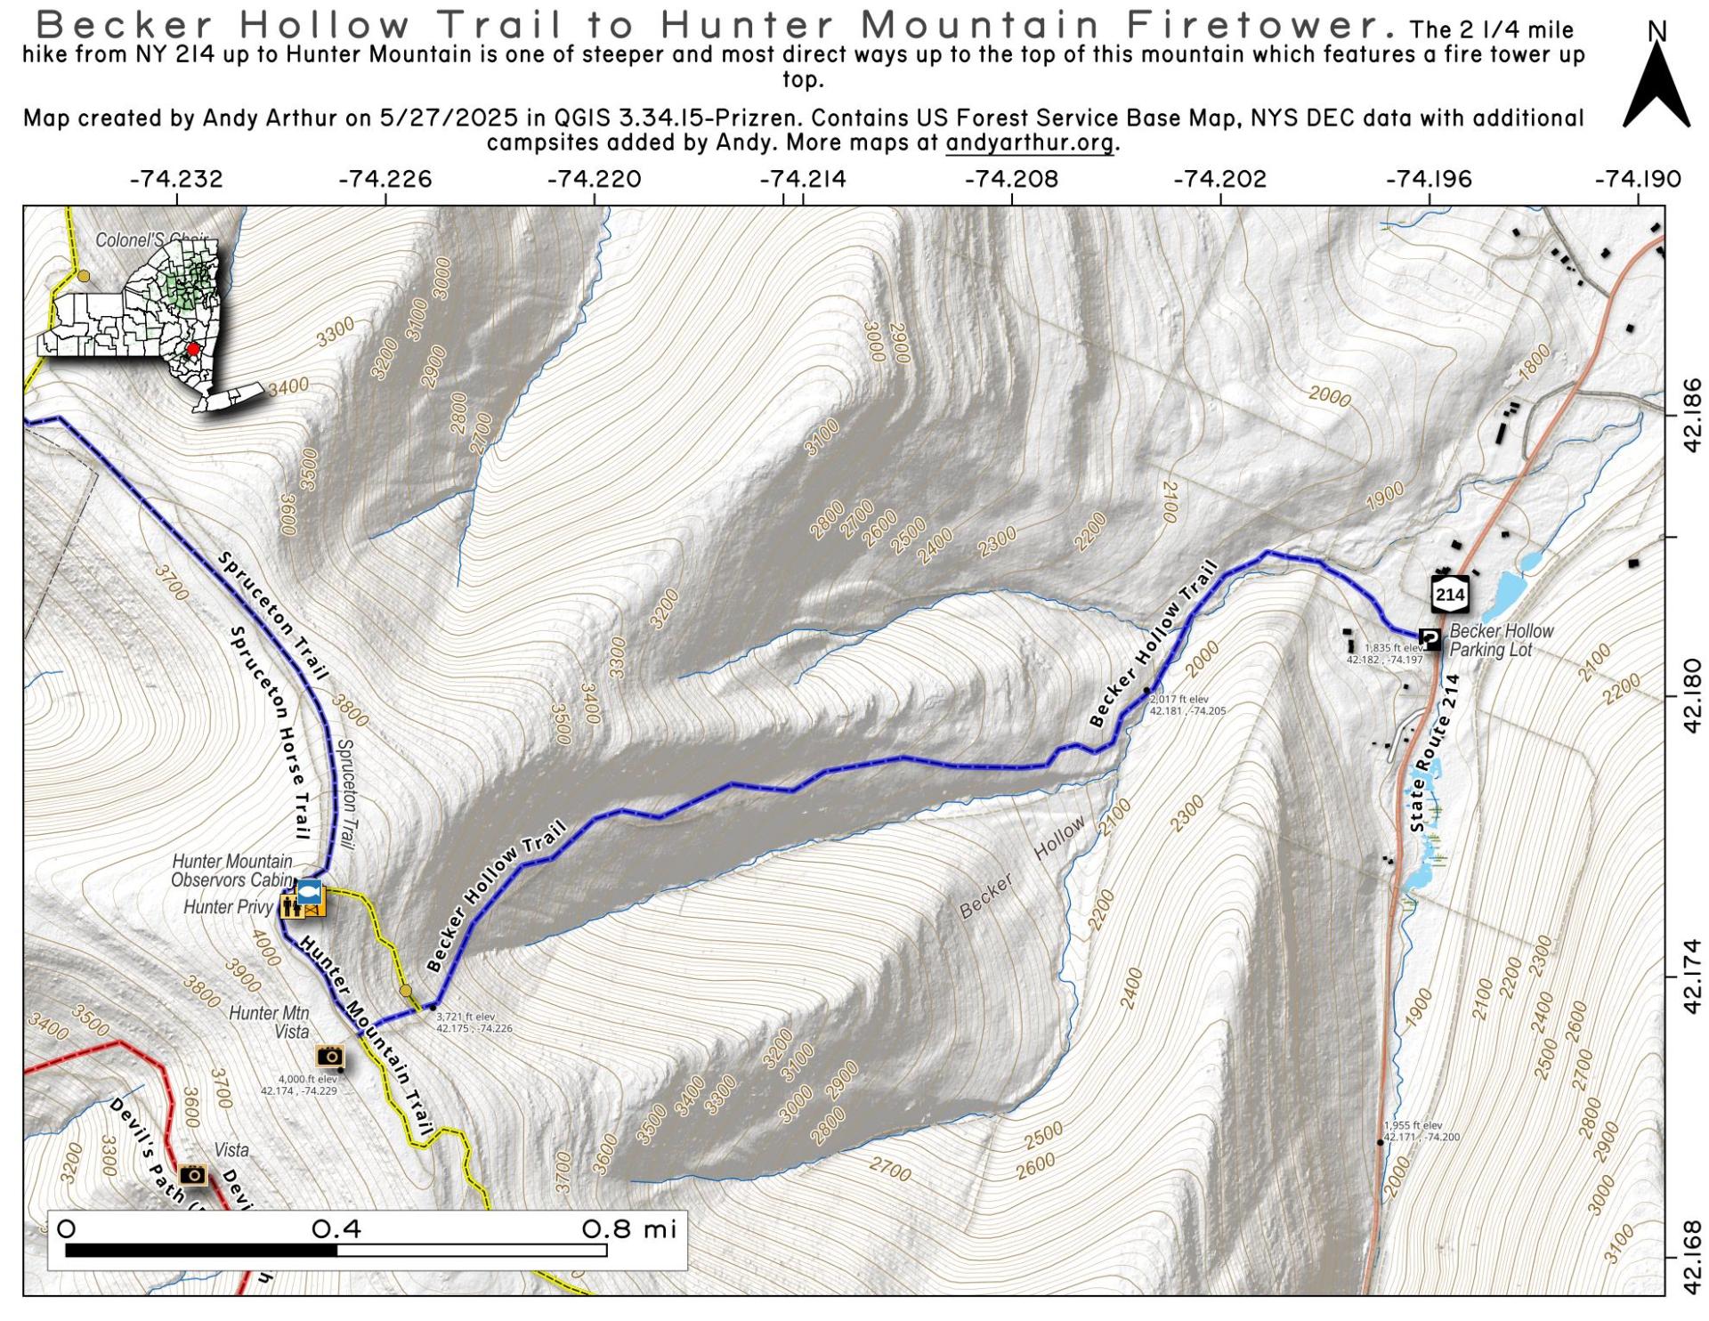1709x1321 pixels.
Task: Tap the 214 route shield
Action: [1449, 594]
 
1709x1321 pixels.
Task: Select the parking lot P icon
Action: [1430, 638]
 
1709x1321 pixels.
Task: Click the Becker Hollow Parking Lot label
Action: [1501, 640]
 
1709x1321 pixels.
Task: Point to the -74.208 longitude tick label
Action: [1012, 179]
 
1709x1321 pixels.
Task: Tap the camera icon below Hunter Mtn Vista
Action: [330, 1057]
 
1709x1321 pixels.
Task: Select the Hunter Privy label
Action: [227, 907]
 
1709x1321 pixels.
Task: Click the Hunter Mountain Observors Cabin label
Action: [231, 871]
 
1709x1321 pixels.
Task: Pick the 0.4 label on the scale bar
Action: [336, 1229]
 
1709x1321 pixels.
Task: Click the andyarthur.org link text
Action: [1029, 142]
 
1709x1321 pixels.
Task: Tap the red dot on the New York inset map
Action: [192, 349]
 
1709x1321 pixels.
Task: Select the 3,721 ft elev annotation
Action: [473, 1022]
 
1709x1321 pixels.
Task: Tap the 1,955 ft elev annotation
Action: [1420, 1131]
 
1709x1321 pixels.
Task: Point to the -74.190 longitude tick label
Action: [1638, 179]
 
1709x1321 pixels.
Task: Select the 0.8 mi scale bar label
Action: [629, 1229]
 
